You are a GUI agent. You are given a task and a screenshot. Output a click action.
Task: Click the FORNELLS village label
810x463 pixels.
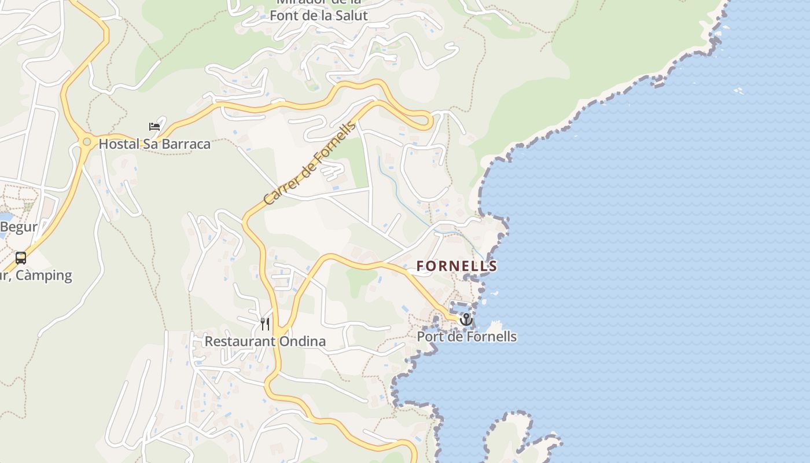[456, 266]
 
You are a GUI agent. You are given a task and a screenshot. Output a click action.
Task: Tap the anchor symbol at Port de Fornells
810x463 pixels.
[466, 319]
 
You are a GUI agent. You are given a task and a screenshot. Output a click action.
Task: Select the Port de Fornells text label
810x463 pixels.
[467, 337]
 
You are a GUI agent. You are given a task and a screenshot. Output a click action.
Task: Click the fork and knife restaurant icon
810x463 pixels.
[265, 324]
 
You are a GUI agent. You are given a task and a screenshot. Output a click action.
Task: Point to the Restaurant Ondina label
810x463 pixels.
[265, 341]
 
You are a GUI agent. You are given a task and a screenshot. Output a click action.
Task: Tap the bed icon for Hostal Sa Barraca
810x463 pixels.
[154, 126]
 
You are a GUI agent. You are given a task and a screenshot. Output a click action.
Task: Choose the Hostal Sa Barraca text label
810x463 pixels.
[154, 144]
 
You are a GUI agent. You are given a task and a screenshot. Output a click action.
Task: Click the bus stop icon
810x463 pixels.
[21, 258]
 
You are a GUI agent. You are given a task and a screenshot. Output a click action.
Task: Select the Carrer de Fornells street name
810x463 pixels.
[309, 164]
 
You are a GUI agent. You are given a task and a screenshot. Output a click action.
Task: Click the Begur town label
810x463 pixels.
[19, 227]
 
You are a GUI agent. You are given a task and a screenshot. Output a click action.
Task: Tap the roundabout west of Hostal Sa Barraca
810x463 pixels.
[87, 141]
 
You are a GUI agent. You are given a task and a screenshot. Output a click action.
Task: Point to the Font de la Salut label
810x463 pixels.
[318, 16]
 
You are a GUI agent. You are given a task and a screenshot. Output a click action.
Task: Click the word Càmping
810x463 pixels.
[44, 275]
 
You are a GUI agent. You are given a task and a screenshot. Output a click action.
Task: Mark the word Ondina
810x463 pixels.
[303, 341]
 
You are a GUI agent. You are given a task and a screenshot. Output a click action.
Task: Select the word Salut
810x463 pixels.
[351, 16]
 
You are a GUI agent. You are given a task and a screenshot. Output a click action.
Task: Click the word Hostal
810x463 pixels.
[119, 144]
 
